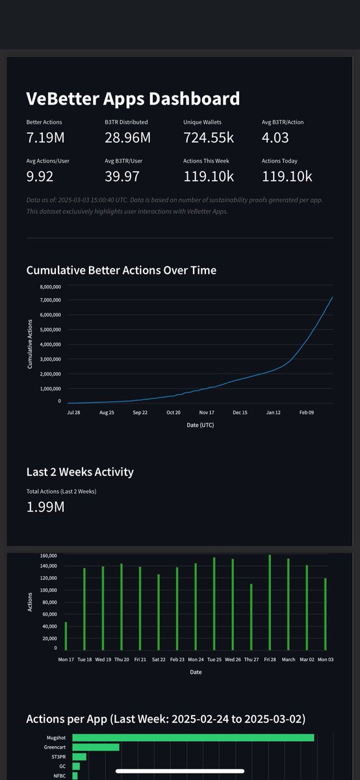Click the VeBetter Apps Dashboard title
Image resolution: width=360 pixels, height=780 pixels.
point(133,99)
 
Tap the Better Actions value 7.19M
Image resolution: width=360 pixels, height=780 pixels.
point(45,138)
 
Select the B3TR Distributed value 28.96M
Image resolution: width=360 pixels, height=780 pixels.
point(127,138)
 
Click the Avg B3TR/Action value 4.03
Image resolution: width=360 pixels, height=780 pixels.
point(275,138)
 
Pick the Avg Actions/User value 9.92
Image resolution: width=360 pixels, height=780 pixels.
point(40,176)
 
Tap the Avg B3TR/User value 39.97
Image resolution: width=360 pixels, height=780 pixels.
point(122,176)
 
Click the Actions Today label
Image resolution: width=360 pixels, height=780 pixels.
point(280,161)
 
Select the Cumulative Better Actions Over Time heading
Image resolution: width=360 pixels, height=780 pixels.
point(121,270)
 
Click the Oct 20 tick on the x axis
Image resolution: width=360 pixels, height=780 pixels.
point(174,412)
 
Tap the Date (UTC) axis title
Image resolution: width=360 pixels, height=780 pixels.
point(198,425)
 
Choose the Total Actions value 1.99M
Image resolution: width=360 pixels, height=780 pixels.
point(45,507)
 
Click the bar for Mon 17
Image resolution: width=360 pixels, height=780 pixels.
point(66,636)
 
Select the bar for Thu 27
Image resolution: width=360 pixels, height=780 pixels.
point(251,617)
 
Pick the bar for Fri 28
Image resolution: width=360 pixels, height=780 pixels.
point(270,602)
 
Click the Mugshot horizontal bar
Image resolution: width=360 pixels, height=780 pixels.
point(193,737)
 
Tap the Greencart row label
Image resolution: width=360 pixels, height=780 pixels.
point(55,747)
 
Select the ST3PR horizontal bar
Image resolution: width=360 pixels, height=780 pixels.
point(79,757)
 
